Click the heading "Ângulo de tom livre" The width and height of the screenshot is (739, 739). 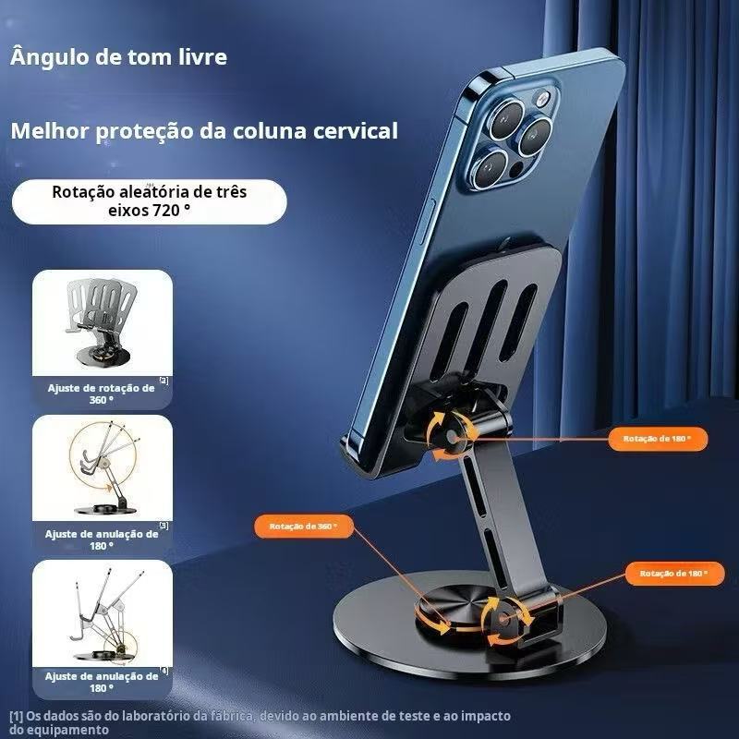pyautogui.click(x=118, y=57)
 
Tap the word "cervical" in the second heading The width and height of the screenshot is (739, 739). pyautogui.click(x=351, y=130)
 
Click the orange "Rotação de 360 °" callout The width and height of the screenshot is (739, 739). pyautogui.click(x=304, y=526)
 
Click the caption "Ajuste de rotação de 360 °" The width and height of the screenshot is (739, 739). pyautogui.click(x=102, y=394)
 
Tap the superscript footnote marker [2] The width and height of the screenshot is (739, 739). pyautogui.click(x=164, y=380)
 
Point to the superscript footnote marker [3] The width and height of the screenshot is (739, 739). pyautogui.click(x=164, y=525)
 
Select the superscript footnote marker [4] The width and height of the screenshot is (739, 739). pyautogui.click(x=164, y=670)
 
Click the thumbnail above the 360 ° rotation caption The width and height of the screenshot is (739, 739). pyautogui.click(x=102, y=320)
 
